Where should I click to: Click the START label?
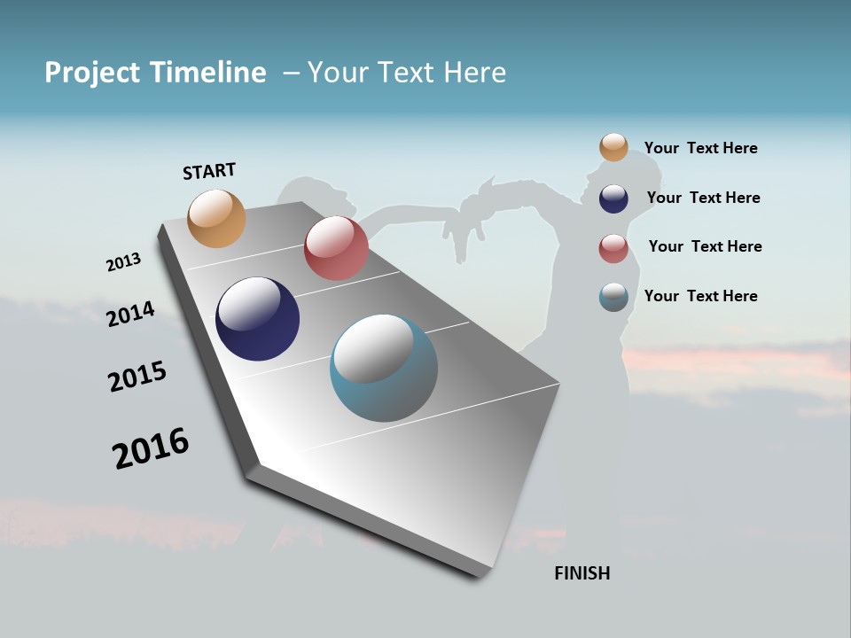click(x=209, y=171)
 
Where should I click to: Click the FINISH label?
click(x=582, y=573)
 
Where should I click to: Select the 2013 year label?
click(x=123, y=262)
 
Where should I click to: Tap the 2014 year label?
click(x=130, y=314)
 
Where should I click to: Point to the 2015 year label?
click(x=137, y=376)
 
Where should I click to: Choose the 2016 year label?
click(x=151, y=448)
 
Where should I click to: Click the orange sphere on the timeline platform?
click(x=217, y=218)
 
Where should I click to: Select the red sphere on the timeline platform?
click(x=336, y=248)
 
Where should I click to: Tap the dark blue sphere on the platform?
click(x=257, y=319)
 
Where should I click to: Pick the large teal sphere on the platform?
click(x=384, y=368)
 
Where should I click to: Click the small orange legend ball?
click(x=613, y=147)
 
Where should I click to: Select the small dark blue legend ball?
click(x=613, y=198)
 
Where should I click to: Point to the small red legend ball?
click(x=613, y=248)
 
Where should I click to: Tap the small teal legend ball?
click(x=613, y=297)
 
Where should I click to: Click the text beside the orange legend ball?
click(x=700, y=148)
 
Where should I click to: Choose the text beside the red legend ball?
click(x=705, y=246)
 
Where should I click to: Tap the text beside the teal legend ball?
click(x=700, y=296)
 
